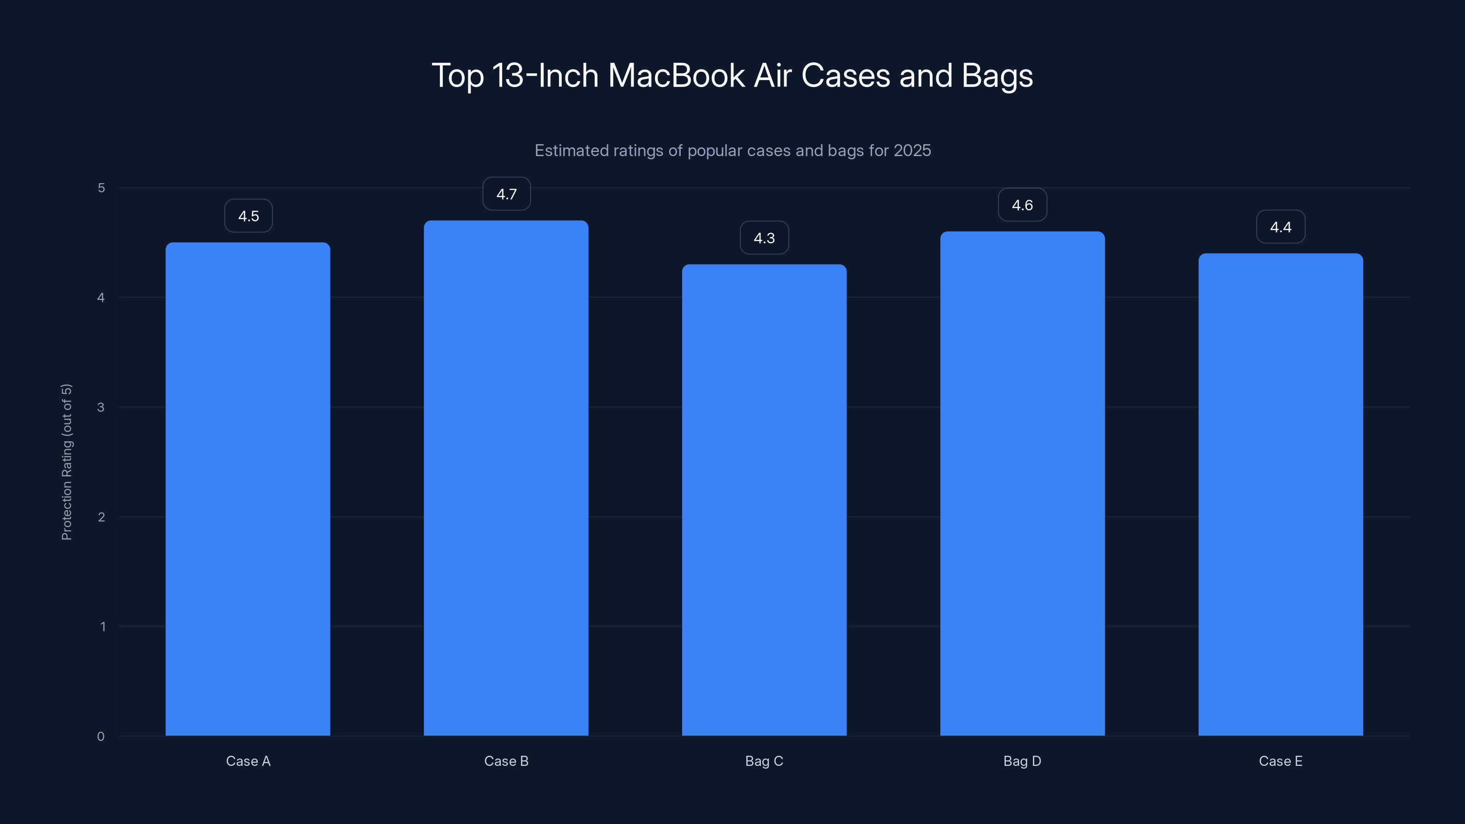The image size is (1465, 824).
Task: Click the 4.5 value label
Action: [x=249, y=216]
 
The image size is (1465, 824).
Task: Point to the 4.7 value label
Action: [x=506, y=194]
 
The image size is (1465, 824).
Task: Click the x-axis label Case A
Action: [x=248, y=761]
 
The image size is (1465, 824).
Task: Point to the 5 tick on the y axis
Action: [x=101, y=188]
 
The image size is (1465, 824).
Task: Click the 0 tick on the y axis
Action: [x=101, y=737]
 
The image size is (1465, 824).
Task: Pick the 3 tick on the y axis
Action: [x=101, y=407]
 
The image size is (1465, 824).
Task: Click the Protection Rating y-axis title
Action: [x=66, y=462]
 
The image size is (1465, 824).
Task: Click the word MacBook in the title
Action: [x=676, y=76]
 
